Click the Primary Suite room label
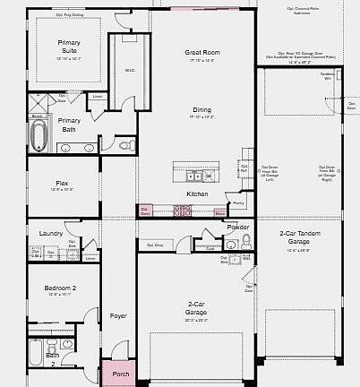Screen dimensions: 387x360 click(x=69, y=47)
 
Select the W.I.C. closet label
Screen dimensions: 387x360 click(x=130, y=69)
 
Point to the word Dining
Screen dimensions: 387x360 click(x=201, y=109)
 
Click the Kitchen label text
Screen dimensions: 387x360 click(x=198, y=193)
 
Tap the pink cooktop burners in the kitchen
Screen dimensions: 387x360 click(x=183, y=211)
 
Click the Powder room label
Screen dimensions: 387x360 click(x=237, y=228)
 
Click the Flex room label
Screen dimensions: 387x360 click(x=62, y=183)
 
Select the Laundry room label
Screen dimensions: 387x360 click(x=51, y=234)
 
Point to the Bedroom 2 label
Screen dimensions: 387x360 click(x=61, y=288)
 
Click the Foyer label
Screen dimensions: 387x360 click(x=118, y=315)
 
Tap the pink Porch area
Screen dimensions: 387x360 click(x=120, y=374)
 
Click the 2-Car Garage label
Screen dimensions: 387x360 click(x=196, y=307)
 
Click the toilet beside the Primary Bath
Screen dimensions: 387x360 click(x=126, y=144)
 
